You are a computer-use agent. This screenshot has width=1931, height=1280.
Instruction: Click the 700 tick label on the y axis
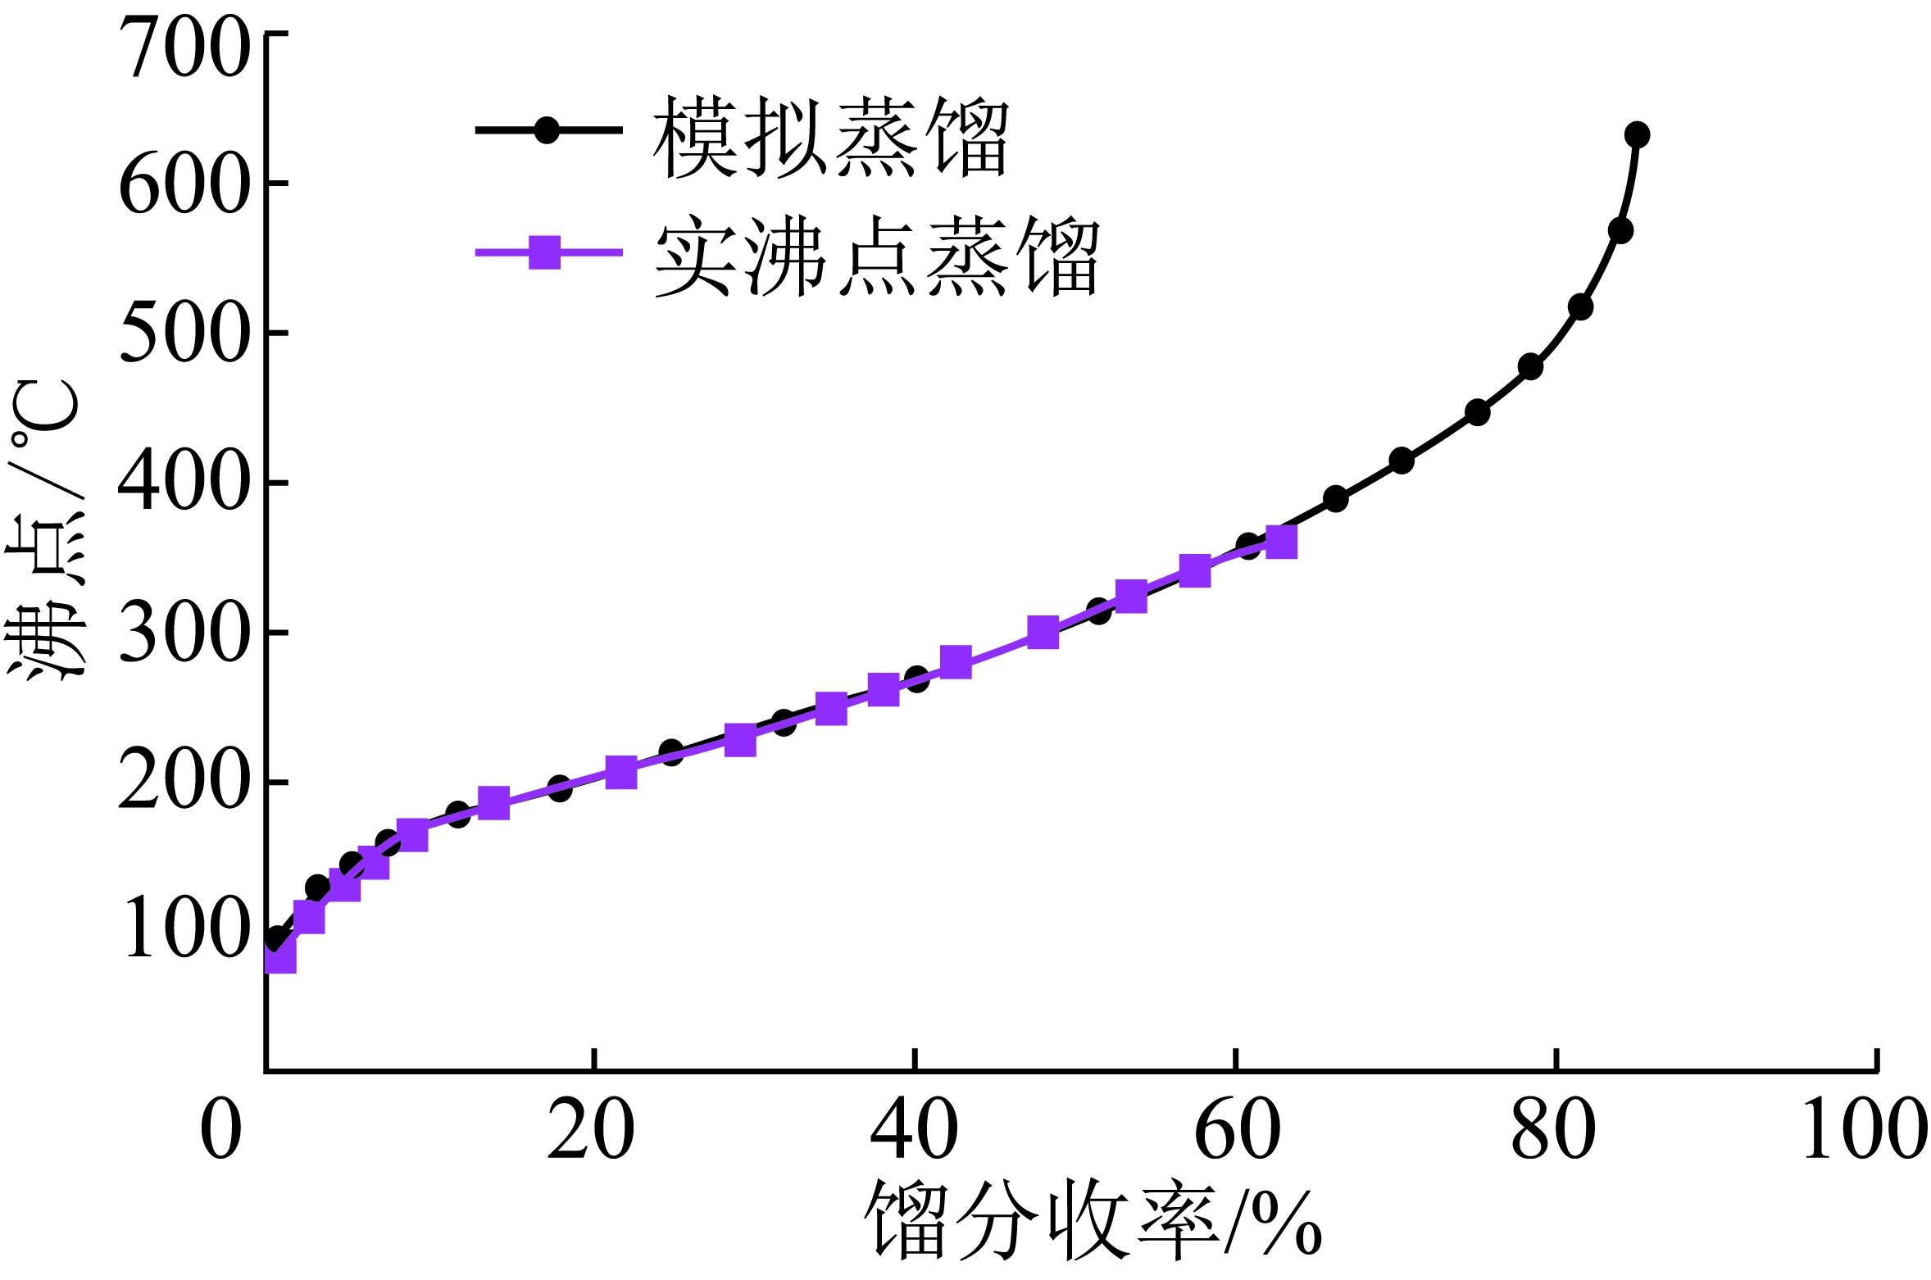[x=184, y=48]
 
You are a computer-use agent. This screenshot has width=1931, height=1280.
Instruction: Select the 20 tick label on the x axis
[x=590, y=1129]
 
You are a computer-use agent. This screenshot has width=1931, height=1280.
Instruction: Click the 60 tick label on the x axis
[x=1237, y=1129]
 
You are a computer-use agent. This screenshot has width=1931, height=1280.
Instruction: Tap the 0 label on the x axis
[x=221, y=1129]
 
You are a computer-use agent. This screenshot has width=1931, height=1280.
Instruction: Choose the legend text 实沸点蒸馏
[x=876, y=256]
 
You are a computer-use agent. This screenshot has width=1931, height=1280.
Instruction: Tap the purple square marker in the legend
[x=545, y=252]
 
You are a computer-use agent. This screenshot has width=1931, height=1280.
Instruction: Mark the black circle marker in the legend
[x=547, y=129]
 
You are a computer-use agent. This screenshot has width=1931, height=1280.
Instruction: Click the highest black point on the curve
[x=1637, y=134]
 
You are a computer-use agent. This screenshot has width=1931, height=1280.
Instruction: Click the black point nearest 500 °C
[x=1580, y=307]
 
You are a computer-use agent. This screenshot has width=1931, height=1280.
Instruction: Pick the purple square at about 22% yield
[x=621, y=772]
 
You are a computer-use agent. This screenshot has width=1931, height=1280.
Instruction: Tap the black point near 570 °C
[x=1620, y=230]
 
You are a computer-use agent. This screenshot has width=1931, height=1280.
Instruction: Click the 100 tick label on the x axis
[x=1865, y=1129]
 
